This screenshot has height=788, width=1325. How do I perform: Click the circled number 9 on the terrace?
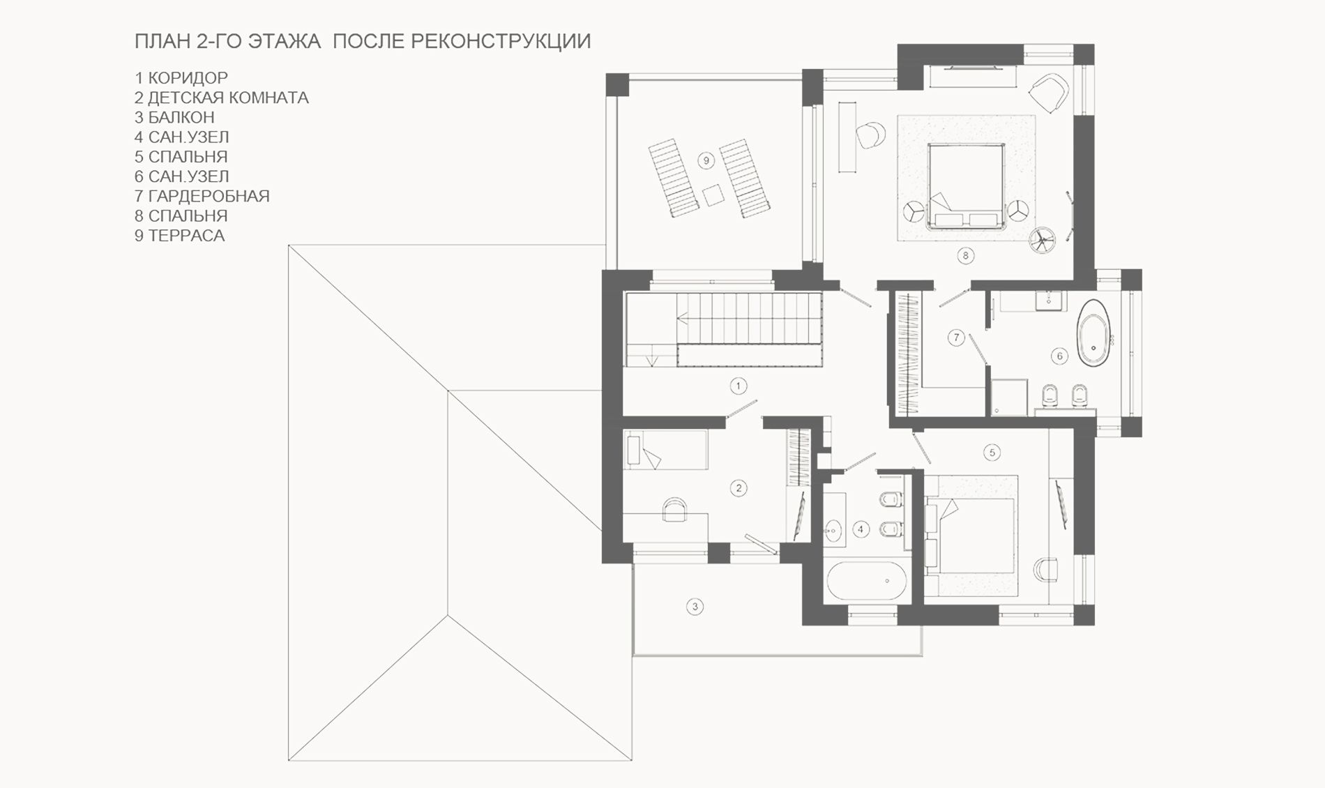[x=706, y=161]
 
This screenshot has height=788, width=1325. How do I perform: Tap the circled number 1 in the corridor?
[x=738, y=386]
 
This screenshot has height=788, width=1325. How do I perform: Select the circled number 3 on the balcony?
[x=695, y=607]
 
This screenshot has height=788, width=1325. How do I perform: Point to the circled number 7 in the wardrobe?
[x=956, y=338]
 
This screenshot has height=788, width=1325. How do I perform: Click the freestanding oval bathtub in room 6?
[x=1093, y=334]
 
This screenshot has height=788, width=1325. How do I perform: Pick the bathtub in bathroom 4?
[x=867, y=580]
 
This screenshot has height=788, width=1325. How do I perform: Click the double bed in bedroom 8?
[x=966, y=186]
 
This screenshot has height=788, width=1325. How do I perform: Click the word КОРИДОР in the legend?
[x=188, y=78]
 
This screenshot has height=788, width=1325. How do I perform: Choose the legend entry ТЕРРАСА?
[x=186, y=236]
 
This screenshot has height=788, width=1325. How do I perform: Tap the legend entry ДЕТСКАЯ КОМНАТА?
[x=228, y=98]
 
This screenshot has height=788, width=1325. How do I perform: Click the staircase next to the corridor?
[x=723, y=329]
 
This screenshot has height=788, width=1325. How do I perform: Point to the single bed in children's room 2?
[x=667, y=450]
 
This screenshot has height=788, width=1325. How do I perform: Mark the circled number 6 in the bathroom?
[x=1059, y=356]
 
